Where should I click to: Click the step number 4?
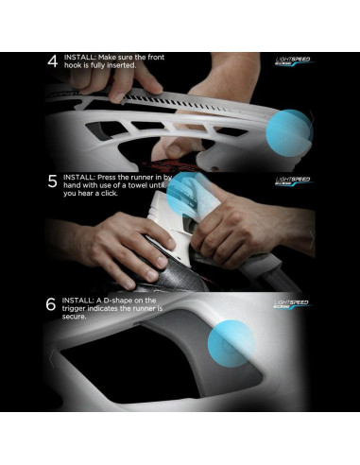click(x=53, y=62)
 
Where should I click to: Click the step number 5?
click(x=53, y=181)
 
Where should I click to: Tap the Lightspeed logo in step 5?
click(x=292, y=180)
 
